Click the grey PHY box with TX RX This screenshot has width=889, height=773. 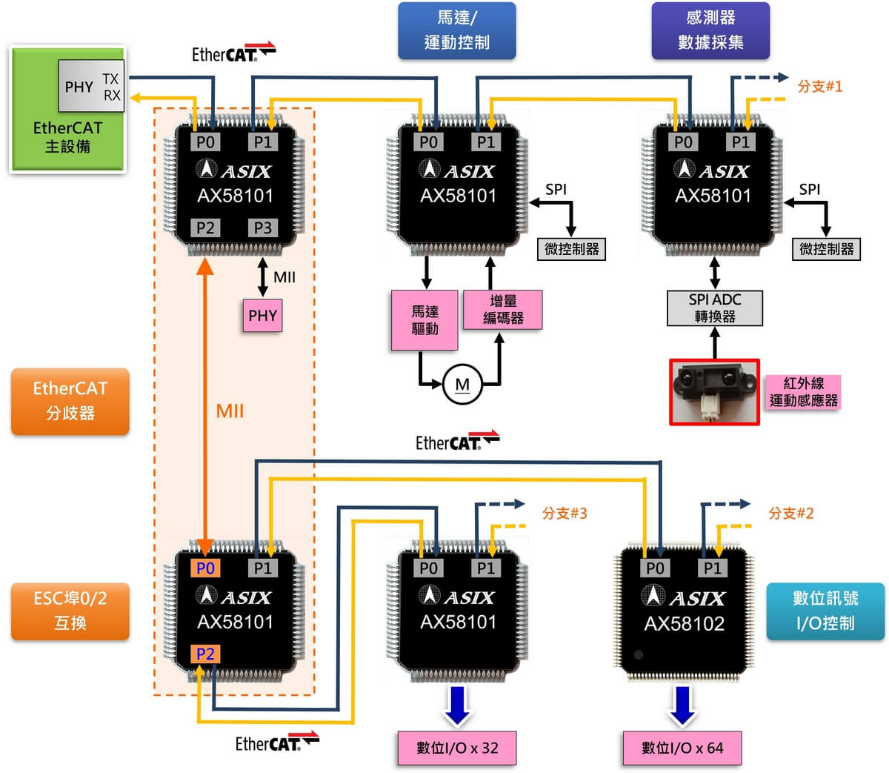91,87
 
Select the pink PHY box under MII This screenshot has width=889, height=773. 262,316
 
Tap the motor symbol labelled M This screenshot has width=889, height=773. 462,385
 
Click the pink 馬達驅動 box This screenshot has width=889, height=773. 424,319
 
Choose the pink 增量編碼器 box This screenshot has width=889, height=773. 503,310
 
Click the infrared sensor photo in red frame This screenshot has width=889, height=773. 714,392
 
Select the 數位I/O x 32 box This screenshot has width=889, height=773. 456,748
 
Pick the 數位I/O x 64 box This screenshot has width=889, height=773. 682,748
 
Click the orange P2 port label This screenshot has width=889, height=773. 205,654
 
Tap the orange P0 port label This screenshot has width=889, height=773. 205,568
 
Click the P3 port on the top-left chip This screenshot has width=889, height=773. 262,228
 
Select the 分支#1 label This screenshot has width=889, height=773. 819,86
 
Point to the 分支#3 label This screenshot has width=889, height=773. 564,513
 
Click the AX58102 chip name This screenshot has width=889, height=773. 684,624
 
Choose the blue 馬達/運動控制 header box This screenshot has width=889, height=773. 456,30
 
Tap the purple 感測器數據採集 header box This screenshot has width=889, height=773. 710,30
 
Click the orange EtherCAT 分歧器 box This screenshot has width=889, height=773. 70,401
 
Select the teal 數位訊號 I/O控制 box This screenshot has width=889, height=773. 825,611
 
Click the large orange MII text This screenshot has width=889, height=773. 230,411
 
